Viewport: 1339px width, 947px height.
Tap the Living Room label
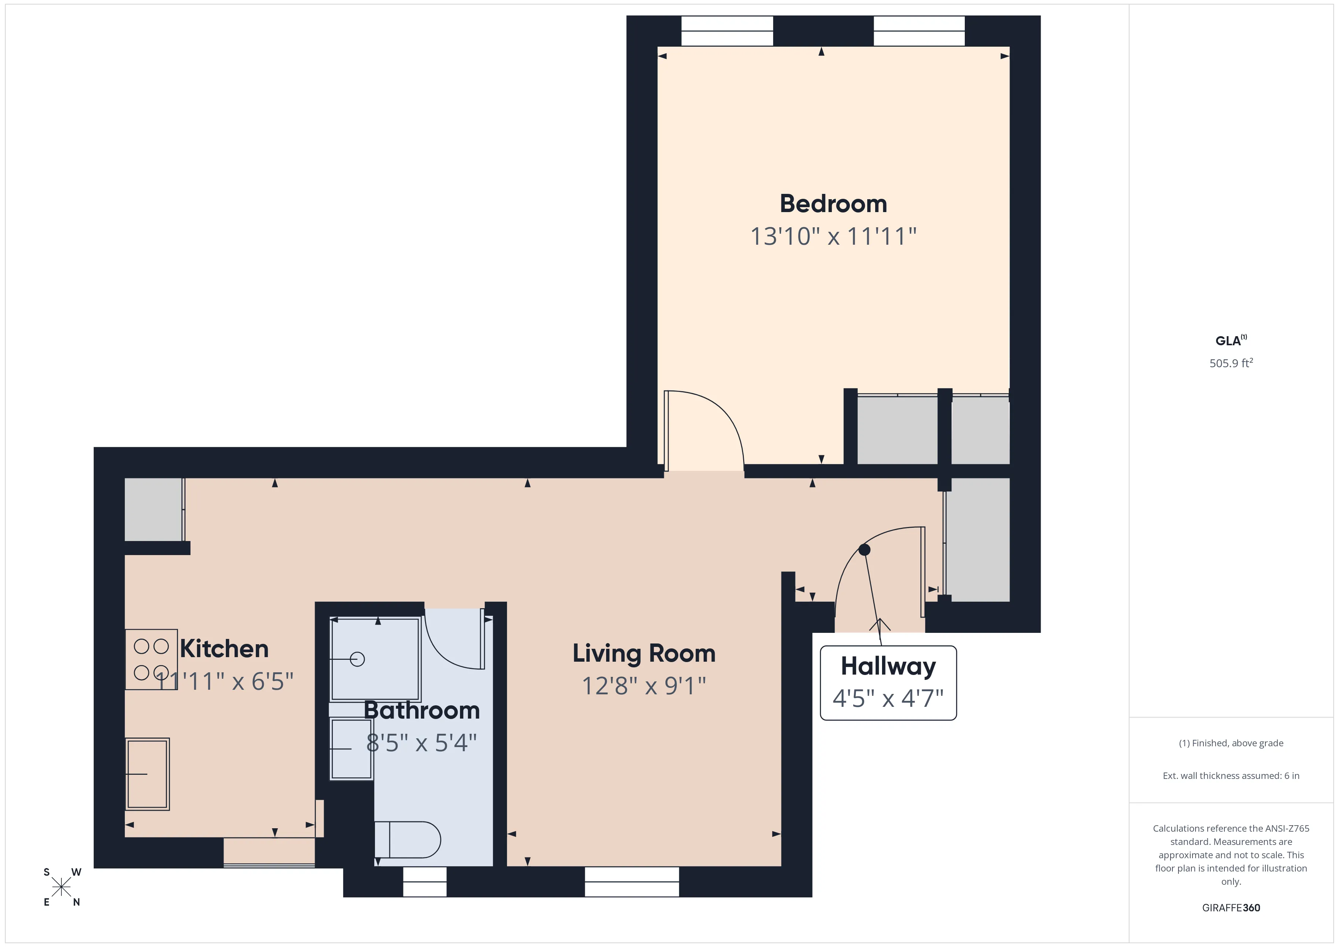[643, 653]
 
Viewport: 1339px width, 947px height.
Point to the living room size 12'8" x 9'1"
[643, 686]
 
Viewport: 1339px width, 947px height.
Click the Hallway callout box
[888, 682]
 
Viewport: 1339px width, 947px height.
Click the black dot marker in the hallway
[864, 549]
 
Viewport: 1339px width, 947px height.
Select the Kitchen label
[224, 648]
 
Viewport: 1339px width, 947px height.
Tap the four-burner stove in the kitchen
[151, 659]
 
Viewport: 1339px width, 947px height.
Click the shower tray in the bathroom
[375, 659]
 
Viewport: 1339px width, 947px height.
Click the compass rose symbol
[61, 887]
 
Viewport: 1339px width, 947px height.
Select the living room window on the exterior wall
[632, 882]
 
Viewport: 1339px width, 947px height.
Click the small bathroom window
[425, 882]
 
